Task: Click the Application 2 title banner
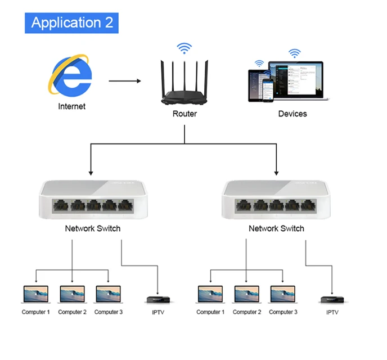coord(72,22)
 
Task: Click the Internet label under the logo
coord(71,106)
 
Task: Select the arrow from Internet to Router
coord(125,81)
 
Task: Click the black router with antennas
coord(184,84)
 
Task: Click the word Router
coord(184,114)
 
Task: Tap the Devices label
coord(292,114)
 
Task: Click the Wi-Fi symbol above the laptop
coord(294,53)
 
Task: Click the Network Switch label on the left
coord(93,228)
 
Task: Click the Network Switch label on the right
coord(276,228)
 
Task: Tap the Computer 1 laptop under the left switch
coord(36,295)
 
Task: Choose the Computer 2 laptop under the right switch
coord(247,295)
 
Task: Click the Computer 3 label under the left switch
coord(109,312)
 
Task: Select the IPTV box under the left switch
coord(157,300)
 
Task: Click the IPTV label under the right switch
coord(333,312)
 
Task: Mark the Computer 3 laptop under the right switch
coord(283,295)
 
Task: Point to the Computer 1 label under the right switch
coord(210,312)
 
